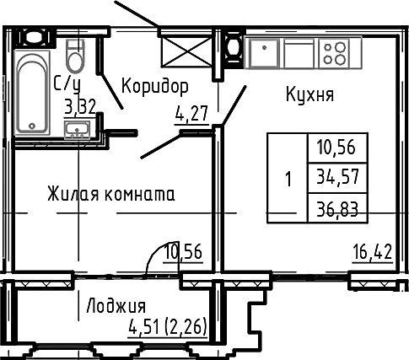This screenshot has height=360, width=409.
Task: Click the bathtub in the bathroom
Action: [x=32, y=93]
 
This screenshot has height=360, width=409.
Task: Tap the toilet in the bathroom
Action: [x=75, y=56]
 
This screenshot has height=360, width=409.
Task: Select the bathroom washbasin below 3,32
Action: [x=77, y=130]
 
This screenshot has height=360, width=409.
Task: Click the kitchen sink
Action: [x=264, y=53]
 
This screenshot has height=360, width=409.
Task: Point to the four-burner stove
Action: [x=334, y=53]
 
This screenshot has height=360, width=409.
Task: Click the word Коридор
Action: [x=155, y=87]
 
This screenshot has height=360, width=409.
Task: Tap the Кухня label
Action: [x=309, y=94]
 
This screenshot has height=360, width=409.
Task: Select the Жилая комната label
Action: [x=111, y=194]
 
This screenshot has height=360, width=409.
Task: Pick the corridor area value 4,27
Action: [x=191, y=114]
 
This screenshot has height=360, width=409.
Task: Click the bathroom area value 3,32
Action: [x=80, y=107]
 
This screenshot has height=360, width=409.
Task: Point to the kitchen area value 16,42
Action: [x=373, y=252]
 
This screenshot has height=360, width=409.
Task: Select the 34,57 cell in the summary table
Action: [x=338, y=177]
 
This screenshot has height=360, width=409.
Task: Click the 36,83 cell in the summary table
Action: [x=338, y=209]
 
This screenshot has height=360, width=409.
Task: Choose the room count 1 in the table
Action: [x=288, y=179]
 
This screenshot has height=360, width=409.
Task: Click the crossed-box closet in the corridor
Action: [x=186, y=52]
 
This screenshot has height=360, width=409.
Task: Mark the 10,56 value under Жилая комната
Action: [x=183, y=251]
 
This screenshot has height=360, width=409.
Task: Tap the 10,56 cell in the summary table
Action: [x=336, y=147]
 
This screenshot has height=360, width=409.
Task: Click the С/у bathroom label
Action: [x=67, y=84]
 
